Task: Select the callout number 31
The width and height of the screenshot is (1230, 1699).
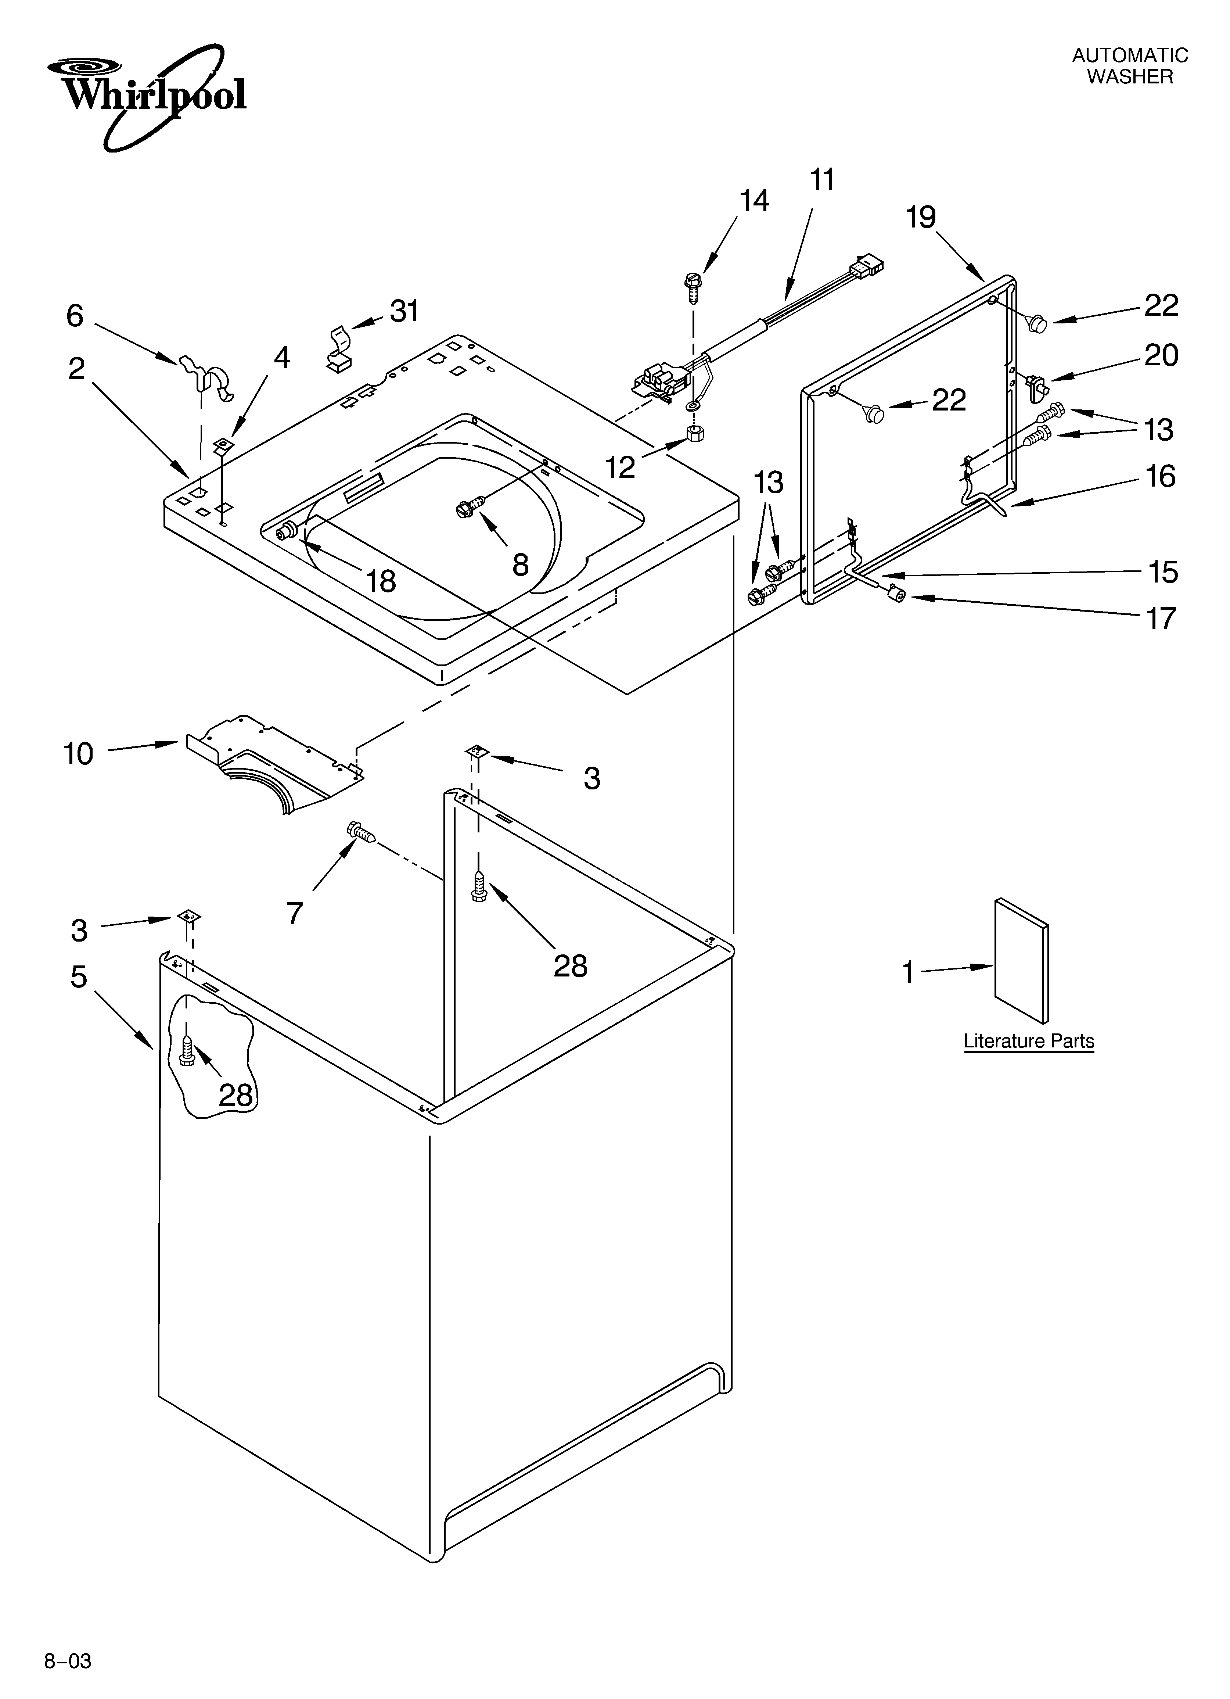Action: (x=404, y=311)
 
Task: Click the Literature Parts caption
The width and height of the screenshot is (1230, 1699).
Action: (x=1029, y=1041)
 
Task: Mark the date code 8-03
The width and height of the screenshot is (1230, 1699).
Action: (x=68, y=1677)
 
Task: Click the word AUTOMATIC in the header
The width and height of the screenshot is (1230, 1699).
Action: (x=1130, y=55)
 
